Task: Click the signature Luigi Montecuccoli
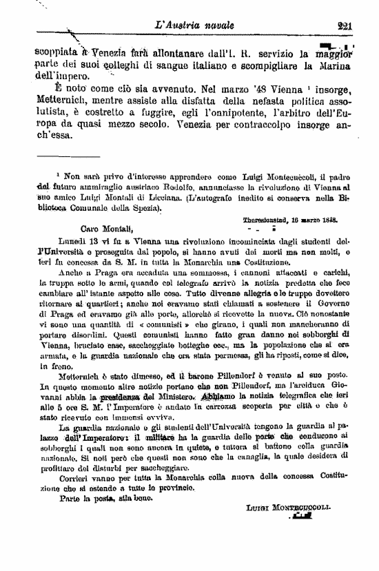click(x=288, y=507)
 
